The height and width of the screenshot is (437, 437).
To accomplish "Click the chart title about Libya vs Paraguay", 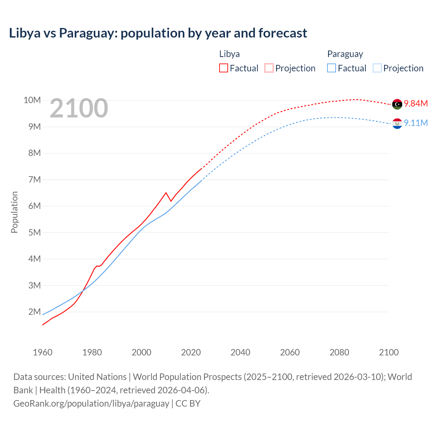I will (x=158, y=33).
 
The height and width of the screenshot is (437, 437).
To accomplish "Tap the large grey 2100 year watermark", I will (x=79, y=108).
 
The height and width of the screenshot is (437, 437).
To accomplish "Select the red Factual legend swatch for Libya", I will (x=223, y=68).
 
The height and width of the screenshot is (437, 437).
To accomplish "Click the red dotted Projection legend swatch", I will (x=269, y=68).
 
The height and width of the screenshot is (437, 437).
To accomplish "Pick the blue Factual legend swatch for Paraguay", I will (x=332, y=68).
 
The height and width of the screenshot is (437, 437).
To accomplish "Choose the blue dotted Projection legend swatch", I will (x=377, y=68).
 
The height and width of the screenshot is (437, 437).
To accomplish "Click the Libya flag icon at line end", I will (x=397, y=104).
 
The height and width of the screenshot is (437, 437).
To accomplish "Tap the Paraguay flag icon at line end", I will (x=397, y=123).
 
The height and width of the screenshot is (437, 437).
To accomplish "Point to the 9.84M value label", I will (x=416, y=104).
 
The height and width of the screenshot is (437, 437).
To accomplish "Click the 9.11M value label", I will (x=416, y=123).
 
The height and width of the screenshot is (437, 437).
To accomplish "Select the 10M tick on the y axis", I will (x=32, y=100).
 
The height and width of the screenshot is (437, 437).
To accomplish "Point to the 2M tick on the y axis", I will (x=34, y=312).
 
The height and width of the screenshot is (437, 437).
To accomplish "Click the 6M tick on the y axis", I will (x=34, y=206).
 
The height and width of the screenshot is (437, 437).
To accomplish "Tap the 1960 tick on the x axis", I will (x=43, y=352).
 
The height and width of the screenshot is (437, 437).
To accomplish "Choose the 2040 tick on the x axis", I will (x=240, y=352).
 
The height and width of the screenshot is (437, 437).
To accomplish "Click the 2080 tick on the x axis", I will (x=339, y=352).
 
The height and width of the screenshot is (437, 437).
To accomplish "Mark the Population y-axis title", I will (x=14, y=212).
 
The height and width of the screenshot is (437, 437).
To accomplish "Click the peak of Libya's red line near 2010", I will (x=166, y=193).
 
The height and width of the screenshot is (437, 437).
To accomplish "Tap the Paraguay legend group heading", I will (x=345, y=54).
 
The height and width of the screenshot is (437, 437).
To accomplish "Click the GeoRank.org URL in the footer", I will (x=91, y=404).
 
